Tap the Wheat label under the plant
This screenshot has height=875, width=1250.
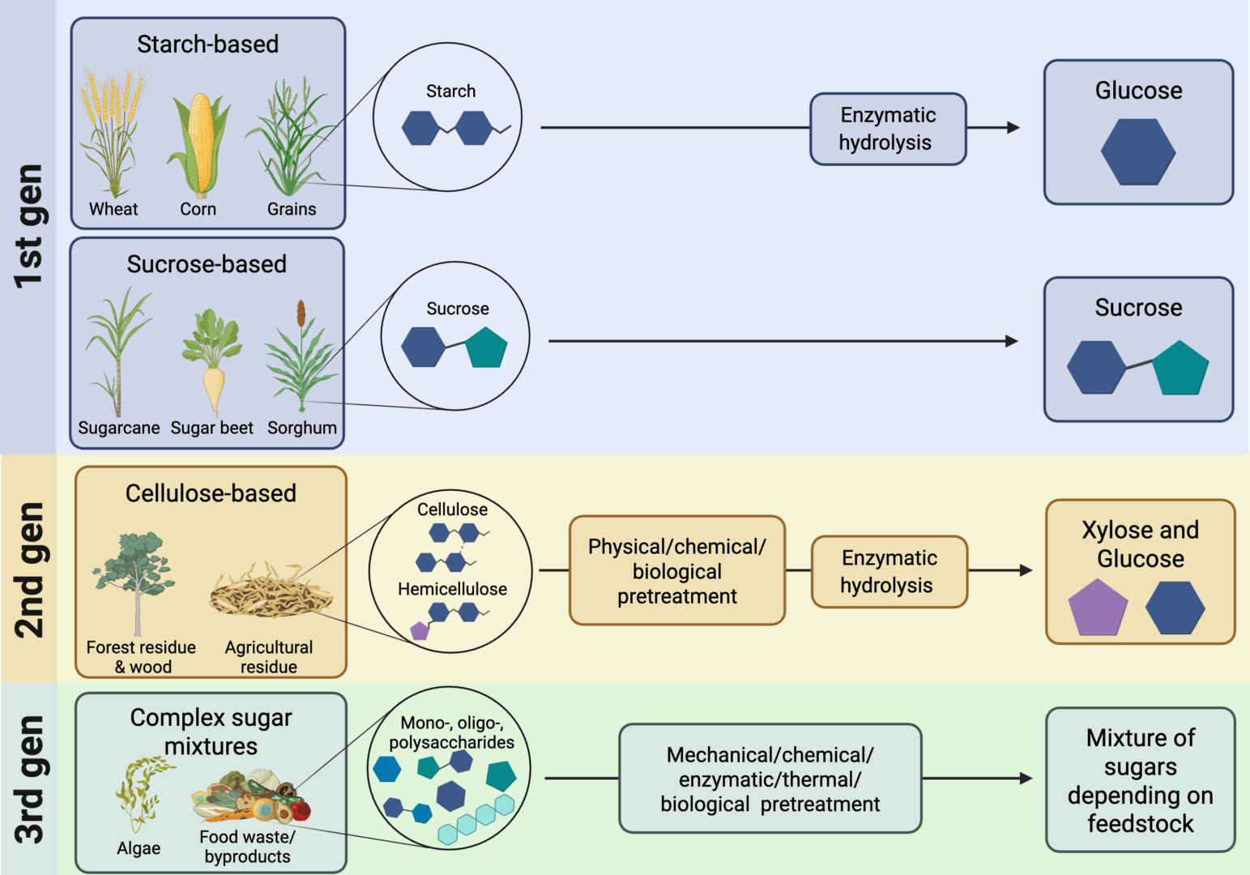pos(113,209)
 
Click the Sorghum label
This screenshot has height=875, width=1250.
pos(301,428)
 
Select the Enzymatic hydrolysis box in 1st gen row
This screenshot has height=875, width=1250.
pos(887,129)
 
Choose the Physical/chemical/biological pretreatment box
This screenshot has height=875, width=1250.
pos(676,570)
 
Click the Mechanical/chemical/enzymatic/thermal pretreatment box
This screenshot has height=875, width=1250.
pos(770,779)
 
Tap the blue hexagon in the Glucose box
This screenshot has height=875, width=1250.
pos(1137,152)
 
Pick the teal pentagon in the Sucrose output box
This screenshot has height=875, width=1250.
pos(1180,368)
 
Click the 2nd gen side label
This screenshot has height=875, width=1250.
pos(28,570)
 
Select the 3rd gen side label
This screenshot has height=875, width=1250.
pos(28,779)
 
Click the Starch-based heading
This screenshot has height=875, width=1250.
pos(207,44)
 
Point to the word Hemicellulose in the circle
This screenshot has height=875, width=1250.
pos(452,589)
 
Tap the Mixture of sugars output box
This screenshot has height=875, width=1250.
pos(1140,779)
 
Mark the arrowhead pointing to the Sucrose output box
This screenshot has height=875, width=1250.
pos(1011,341)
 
